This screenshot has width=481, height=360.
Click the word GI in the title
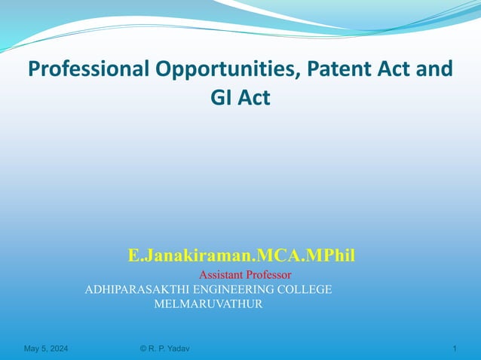point(220,98)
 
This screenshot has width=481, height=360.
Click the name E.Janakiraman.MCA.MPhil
point(241,256)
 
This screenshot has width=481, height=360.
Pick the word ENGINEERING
point(238,289)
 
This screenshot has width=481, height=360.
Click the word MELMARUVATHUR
point(208,304)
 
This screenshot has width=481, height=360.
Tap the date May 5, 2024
point(45,349)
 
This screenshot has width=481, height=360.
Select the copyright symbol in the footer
point(144,349)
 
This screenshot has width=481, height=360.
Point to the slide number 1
point(455,349)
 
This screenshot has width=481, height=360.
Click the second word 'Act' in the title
point(254,98)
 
